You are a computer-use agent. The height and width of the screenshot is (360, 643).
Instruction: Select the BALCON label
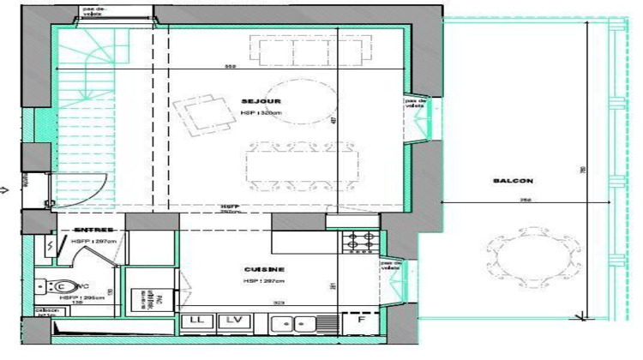[x=514, y=181]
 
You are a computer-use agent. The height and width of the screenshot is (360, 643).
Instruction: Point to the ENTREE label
[x=94, y=230]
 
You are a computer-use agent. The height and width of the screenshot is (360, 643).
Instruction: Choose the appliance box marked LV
[x=231, y=321]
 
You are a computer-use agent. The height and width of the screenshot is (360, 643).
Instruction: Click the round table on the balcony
[x=526, y=255]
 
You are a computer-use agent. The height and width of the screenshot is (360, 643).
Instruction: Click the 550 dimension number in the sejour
[x=230, y=66]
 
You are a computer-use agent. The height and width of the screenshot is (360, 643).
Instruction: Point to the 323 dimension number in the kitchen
[x=278, y=303]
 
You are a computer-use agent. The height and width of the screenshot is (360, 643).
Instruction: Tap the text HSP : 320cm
[x=261, y=111]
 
